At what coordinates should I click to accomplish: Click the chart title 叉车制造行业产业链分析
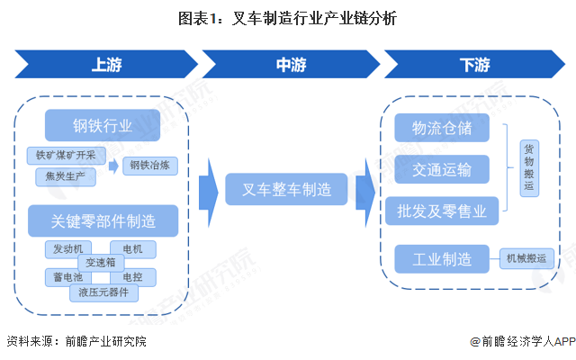(x=287, y=17)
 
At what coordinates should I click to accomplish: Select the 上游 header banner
(x=105, y=65)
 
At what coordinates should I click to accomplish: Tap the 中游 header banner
(x=288, y=65)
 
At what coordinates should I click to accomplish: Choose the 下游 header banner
(x=472, y=65)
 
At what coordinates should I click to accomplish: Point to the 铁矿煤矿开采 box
(x=66, y=154)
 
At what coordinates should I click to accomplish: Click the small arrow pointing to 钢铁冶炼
(x=113, y=166)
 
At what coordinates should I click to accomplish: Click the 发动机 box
(x=67, y=248)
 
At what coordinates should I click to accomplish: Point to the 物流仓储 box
(x=442, y=127)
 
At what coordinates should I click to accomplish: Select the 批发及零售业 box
(x=442, y=211)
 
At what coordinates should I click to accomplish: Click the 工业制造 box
(x=442, y=259)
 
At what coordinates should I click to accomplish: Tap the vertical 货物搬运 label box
(x=528, y=167)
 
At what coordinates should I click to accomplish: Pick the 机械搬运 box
(x=529, y=259)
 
